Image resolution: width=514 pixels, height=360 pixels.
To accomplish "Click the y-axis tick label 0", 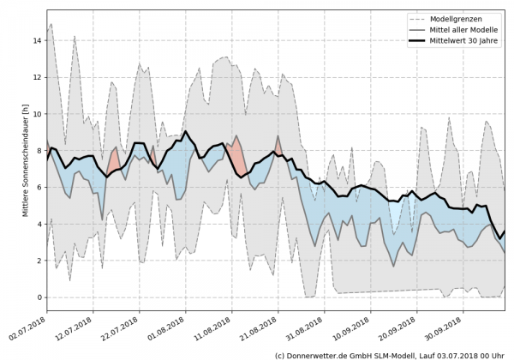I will tap(39, 297).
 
